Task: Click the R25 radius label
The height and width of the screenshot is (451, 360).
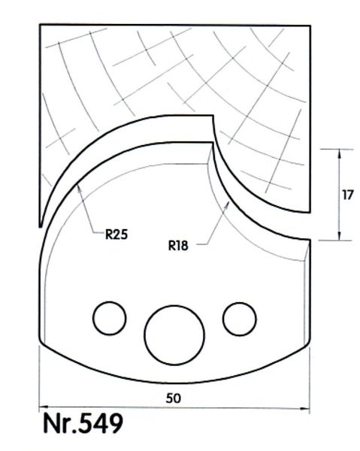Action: (x=116, y=235)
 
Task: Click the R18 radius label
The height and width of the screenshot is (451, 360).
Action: (x=178, y=246)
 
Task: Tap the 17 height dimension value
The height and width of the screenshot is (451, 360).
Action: (x=348, y=195)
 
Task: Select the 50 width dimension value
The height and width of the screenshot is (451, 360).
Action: (x=174, y=398)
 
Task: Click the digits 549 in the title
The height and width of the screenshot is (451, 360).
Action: (x=100, y=423)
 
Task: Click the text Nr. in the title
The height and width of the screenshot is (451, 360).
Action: (x=59, y=424)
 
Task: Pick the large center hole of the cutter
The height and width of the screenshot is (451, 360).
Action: (x=174, y=335)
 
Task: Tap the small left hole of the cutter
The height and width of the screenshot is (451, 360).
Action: (x=110, y=318)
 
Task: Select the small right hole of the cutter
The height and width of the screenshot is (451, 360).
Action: (x=240, y=319)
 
